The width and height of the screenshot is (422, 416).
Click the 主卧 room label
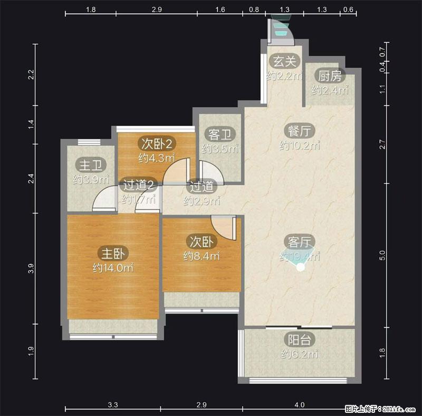(113, 253)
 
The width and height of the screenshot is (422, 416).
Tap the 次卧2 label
(157, 143)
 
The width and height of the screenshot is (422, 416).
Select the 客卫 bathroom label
(220, 134)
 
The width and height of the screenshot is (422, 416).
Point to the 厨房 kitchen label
(330, 76)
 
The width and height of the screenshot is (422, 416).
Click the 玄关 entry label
(284, 61)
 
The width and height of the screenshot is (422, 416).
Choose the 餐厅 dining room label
(299, 131)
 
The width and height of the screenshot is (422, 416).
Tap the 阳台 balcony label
(299, 339)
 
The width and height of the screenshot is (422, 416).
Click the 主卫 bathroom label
(91, 165)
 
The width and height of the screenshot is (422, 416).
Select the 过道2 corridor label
(138, 184)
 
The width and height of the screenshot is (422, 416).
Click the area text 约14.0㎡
(113, 267)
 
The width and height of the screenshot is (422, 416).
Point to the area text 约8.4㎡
(202, 256)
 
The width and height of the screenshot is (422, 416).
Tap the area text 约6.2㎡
(300, 354)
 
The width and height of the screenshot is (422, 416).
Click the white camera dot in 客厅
(300, 267)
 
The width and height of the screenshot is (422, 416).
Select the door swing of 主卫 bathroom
(104, 199)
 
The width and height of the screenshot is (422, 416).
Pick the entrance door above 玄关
(281, 31)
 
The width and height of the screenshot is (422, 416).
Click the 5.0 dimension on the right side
(382, 255)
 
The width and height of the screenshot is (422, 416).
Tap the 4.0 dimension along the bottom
(299, 405)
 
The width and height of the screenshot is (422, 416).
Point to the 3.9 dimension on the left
(31, 269)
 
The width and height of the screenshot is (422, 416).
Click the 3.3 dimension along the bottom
(113, 405)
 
